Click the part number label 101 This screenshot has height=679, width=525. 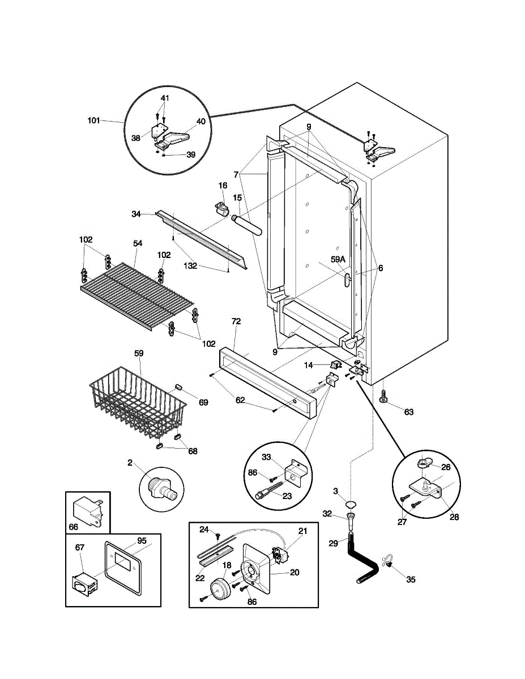(x=93, y=121)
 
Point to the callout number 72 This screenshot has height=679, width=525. (x=236, y=321)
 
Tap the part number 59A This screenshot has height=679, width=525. (x=338, y=260)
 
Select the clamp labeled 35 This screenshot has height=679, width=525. (x=388, y=564)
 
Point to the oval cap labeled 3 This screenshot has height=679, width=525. (x=351, y=504)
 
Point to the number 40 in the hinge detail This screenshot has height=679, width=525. (x=201, y=121)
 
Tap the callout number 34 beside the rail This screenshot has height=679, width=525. (x=136, y=214)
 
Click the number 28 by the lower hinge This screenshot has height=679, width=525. (x=454, y=517)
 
